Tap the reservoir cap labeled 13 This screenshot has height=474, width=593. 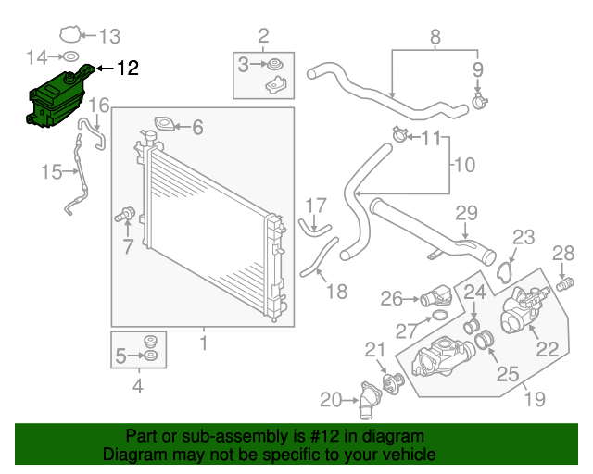pos(69,37)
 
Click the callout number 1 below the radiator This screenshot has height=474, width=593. pos(203,345)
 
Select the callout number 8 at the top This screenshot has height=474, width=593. pos(435,37)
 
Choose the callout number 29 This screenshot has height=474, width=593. pos(465,213)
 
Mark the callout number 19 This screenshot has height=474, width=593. pos(535,400)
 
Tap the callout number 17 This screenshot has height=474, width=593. pos(316,205)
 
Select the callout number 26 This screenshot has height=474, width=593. pos(391,298)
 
